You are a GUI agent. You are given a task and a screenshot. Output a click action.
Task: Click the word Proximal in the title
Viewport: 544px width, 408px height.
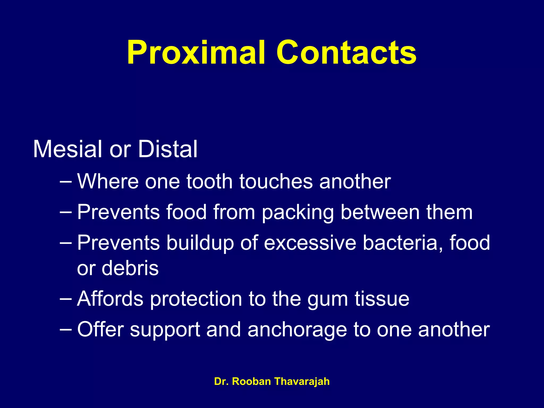coord(196,52)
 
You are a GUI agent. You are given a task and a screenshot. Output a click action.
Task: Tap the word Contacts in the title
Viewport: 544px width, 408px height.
coord(346,52)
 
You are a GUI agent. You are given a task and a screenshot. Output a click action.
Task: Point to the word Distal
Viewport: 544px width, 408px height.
coord(168,149)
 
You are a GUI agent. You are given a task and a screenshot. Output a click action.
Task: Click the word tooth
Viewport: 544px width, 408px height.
coord(209,182)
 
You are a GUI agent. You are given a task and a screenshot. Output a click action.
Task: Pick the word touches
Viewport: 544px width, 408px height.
coord(276,182)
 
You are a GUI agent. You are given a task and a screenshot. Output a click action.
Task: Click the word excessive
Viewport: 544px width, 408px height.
coord(310,243)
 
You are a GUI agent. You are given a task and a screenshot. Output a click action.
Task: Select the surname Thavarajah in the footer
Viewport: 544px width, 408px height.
coord(302,381)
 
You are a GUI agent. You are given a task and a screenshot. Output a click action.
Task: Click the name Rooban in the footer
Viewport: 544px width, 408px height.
coord(251,381)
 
